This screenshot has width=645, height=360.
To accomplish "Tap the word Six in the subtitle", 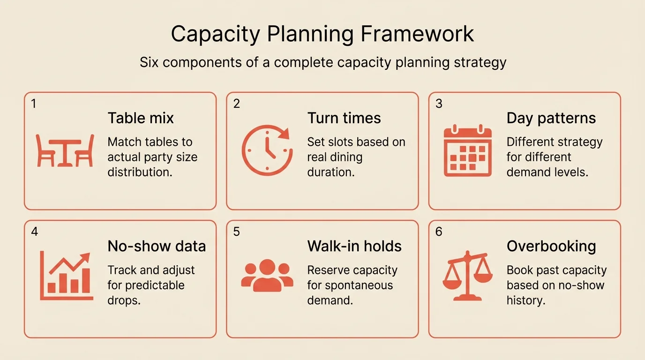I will [x=151, y=62].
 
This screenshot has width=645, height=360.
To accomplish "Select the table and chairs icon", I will [x=65, y=150].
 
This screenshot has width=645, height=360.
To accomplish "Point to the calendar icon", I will [x=467, y=150].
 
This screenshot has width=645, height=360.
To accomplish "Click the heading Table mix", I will [x=141, y=118].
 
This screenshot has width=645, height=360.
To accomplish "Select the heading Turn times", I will [x=344, y=118].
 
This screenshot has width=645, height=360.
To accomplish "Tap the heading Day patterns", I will [x=551, y=118].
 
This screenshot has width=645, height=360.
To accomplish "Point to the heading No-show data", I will [x=157, y=246].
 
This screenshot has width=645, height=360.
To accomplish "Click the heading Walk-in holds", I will [x=354, y=246].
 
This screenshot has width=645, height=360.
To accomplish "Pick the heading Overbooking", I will [x=551, y=246].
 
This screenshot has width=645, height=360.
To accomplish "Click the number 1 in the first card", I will [x=34, y=104].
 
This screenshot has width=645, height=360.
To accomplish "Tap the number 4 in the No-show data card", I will [x=34, y=232].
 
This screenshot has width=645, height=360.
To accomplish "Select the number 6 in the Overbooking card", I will [x=439, y=232].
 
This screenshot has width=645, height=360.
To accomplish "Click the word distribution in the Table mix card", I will [x=140, y=172].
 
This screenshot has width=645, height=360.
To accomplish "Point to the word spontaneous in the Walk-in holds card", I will [x=350, y=285].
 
